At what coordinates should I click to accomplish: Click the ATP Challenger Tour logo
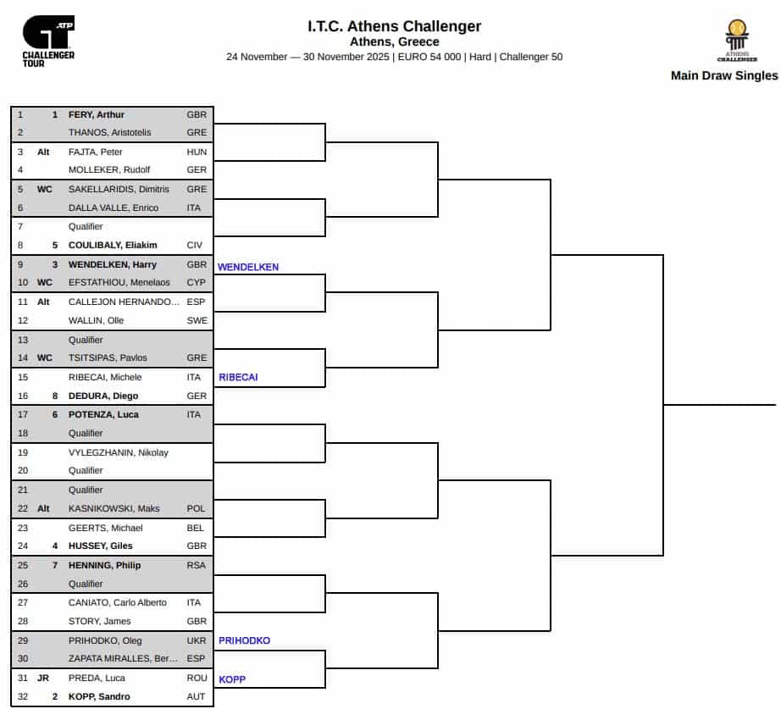[48, 42]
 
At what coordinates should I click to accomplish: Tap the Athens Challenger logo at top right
[737, 40]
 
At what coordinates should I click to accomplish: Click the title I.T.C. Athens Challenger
[394, 26]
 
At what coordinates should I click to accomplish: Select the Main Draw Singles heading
[723, 75]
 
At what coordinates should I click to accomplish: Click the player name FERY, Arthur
[97, 114]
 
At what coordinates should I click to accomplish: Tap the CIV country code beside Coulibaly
[196, 246]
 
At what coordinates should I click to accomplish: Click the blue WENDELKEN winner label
[248, 267]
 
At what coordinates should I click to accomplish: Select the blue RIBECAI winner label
[238, 378]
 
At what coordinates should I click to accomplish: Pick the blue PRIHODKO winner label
[244, 641]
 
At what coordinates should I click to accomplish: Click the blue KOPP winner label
[233, 679]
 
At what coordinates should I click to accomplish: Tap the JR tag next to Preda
[43, 679]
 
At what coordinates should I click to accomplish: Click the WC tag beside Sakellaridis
[45, 190]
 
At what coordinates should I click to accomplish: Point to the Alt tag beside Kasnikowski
[44, 509]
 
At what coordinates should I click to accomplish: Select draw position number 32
[22, 697]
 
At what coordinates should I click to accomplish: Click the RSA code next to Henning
[197, 565]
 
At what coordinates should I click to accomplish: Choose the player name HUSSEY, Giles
[100, 546]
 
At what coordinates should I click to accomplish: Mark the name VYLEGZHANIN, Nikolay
[118, 452]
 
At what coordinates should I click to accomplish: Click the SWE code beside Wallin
[197, 321]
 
